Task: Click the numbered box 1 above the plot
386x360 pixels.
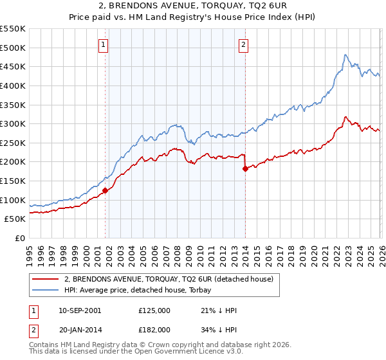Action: (x=104, y=44)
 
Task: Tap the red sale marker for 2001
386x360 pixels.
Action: (x=105, y=190)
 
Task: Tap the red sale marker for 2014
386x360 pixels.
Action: (x=245, y=168)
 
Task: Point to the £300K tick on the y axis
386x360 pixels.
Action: (x=14, y=123)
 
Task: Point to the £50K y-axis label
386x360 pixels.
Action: (x=15, y=219)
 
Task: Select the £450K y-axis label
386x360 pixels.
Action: (x=14, y=66)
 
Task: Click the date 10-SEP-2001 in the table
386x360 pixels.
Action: (x=79, y=310)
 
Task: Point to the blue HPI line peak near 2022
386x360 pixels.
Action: (x=345, y=55)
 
